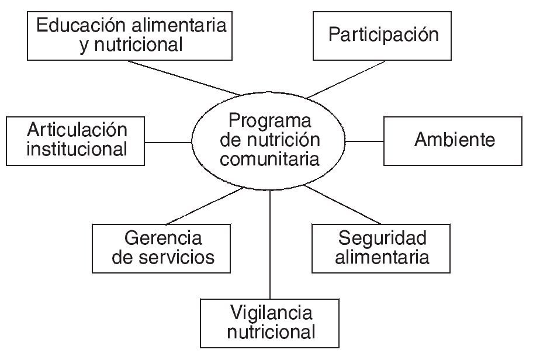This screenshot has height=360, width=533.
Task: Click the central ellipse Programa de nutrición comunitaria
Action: (269, 140)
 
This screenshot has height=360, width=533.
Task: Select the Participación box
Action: (383, 34)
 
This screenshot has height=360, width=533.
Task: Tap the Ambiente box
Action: (453, 140)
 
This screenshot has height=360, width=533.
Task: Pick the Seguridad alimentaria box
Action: (382, 247)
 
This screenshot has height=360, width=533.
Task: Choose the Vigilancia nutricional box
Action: (271, 323)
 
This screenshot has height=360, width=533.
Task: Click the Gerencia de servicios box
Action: (162, 247)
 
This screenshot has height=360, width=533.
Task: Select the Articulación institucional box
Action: (76, 140)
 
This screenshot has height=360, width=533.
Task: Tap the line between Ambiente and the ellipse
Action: (365, 141)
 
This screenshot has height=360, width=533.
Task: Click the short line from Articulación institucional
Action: (168, 141)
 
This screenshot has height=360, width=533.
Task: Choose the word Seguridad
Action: (382, 238)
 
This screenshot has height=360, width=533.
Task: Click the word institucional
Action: (77, 149)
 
